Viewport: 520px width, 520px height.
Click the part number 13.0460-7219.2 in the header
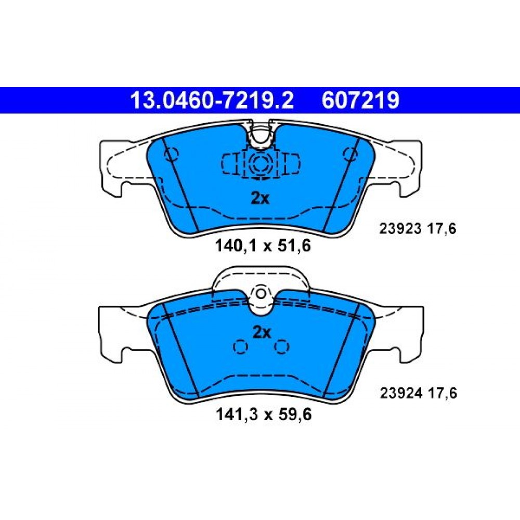point(212,100)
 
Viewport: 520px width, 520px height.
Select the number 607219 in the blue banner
point(360,100)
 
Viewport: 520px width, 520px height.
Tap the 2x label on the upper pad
point(260,198)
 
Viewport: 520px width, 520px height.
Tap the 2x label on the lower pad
point(262,332)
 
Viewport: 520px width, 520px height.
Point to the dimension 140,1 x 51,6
point(263,246)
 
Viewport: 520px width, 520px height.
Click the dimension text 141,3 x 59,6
point(264,414)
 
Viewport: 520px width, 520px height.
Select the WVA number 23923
point(400,229)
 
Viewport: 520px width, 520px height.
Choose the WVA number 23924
point(401,393)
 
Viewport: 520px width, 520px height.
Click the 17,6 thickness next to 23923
point(441,229)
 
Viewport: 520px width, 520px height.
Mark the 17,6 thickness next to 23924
point(442,393)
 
